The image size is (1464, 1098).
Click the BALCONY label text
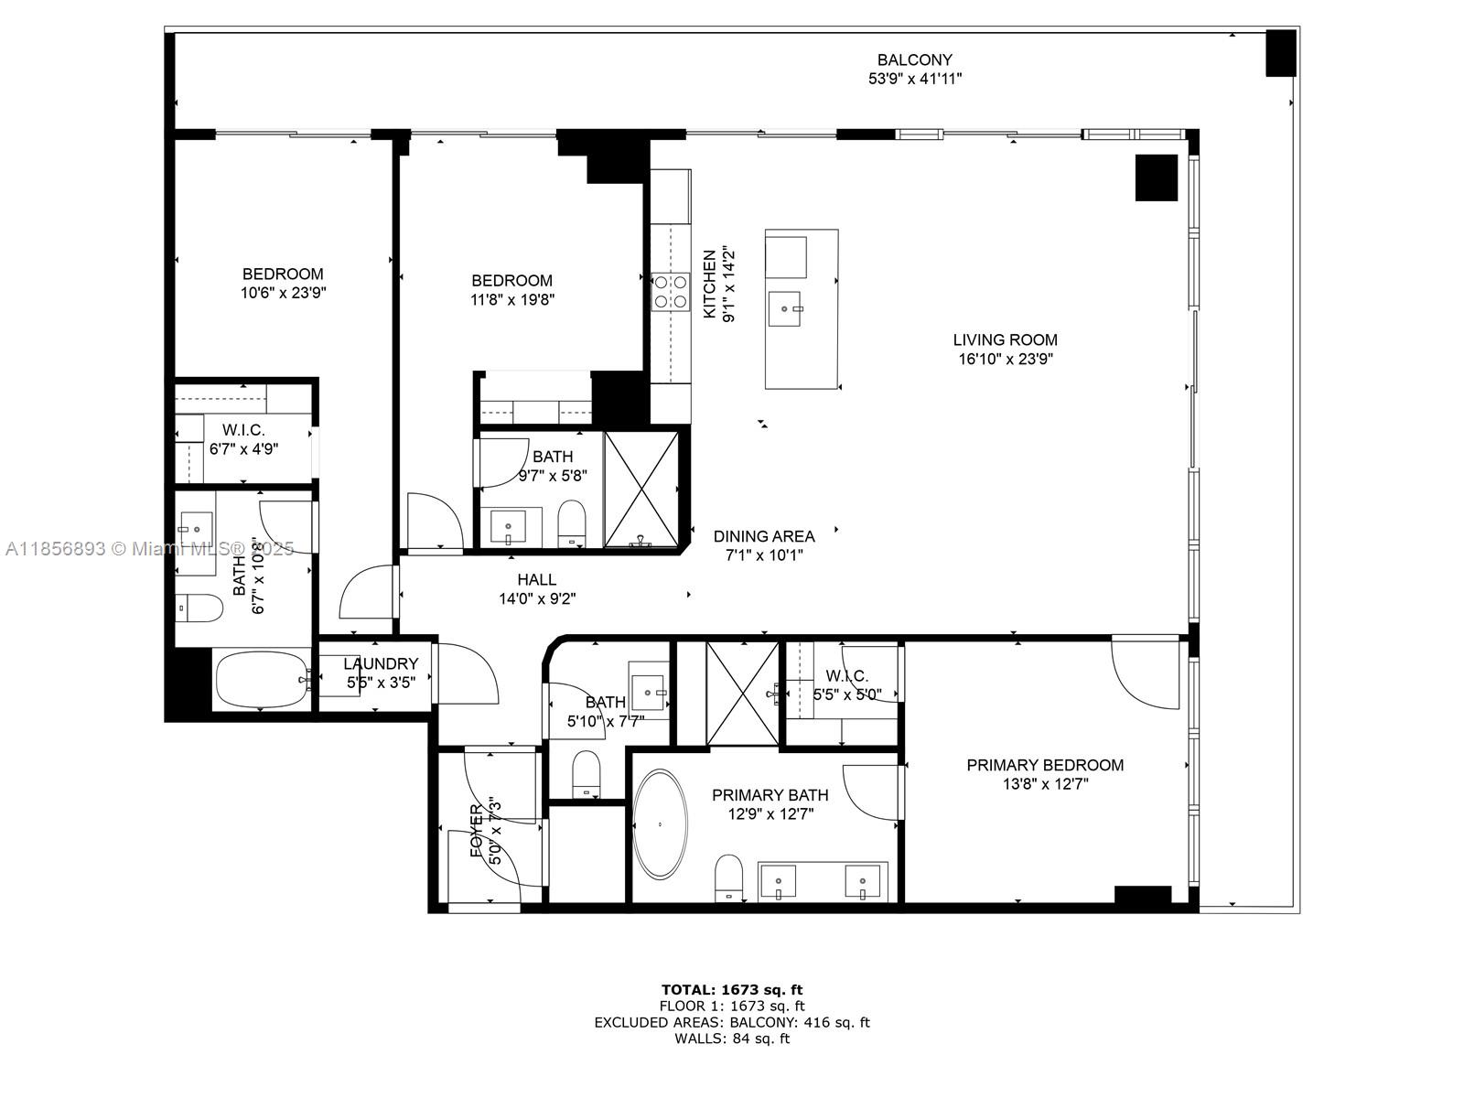[x=915, y=60]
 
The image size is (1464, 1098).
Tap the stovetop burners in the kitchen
[x=670, y=291]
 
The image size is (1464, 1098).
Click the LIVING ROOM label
[x=1005, y=339]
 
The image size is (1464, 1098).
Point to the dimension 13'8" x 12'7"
[x=1045, y=784]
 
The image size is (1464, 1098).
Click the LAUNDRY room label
[x=381, y=664]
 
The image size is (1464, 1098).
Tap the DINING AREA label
[x=764, y=536]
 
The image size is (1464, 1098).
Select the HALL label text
[x=536, y=580]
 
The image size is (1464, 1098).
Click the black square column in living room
[x=1156, y=178]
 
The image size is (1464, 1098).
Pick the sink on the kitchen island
[x=785, y=308]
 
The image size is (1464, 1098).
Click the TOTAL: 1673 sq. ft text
[x=732, y=989]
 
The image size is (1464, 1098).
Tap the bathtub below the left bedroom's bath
[x=262, y=679]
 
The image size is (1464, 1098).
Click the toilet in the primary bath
[x=729, y=876]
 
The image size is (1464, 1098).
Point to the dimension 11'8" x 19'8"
[x=511, y=299]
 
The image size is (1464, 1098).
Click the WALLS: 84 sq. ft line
[x=732, y=1039]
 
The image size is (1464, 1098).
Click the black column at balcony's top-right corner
[x=1280, y=53]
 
